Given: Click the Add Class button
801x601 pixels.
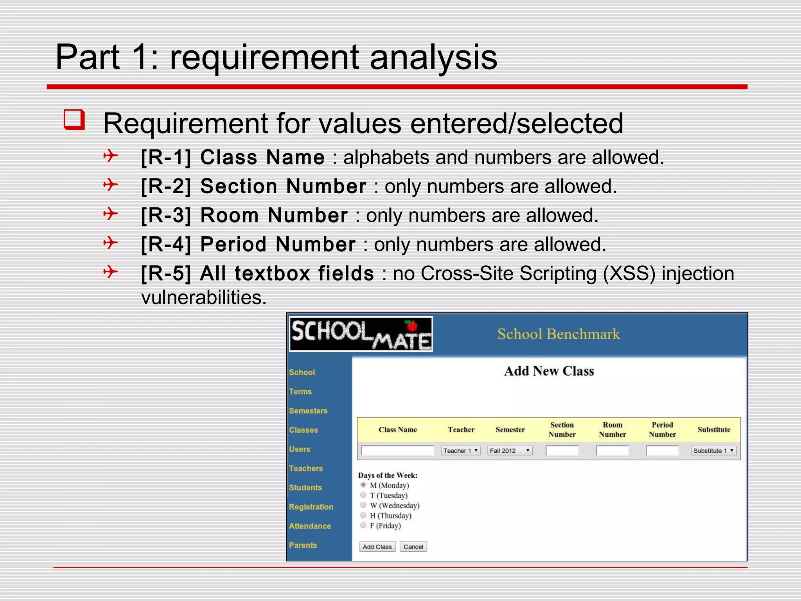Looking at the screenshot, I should tap(377, 547).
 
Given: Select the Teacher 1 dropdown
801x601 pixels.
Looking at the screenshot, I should tap(461, 451).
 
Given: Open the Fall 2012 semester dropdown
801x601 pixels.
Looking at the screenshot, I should tap(510, 451).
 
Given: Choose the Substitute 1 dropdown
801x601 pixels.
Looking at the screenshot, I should tap(713, 451).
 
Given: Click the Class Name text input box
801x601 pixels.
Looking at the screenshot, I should tap(397, 451).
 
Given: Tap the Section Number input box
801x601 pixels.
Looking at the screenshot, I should tap(562, 451).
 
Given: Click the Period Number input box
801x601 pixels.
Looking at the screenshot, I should tap(662, 451).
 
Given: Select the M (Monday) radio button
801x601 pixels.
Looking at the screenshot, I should tap(363, 485).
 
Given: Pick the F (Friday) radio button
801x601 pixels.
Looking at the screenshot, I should tap(363, 525).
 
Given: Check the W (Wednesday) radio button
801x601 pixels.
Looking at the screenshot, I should tap(363, 505).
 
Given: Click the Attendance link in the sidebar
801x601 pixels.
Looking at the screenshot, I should tap(310, 526).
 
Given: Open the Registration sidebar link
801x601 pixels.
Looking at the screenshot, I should tap(311, 507).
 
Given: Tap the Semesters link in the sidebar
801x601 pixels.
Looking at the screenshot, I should tap(308, 410).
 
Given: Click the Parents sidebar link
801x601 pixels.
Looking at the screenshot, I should tap(303, 545).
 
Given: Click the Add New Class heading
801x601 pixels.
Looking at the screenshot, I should tap(549, 371).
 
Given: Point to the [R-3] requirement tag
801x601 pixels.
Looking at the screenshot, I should tap(166, 215).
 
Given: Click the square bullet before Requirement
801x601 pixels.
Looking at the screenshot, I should tap(74, 120).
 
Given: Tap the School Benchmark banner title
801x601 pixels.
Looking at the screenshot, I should tap(559, 334).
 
